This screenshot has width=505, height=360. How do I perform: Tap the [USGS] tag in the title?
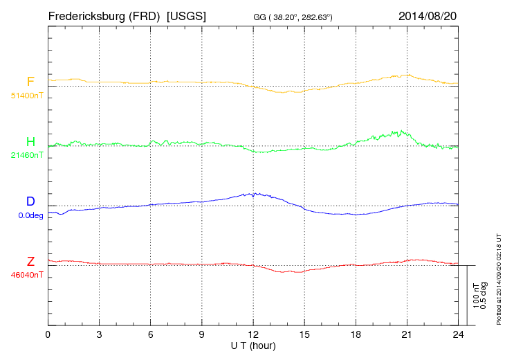pos(187,15)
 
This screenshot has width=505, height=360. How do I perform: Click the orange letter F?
pos(30,82)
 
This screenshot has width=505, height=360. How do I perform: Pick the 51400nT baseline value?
pos(26,95)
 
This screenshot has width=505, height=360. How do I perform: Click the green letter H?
pos(30,142)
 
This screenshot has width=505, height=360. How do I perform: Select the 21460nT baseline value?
pos(26,155)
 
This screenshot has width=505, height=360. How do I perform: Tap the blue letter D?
pos(30,201)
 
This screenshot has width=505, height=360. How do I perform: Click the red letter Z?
pos(30,261)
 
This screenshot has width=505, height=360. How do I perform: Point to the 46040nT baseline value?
pos(26,275)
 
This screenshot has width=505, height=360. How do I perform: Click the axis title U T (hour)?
pos(253,345)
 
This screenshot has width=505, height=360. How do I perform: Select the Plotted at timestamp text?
pos(498,277)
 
